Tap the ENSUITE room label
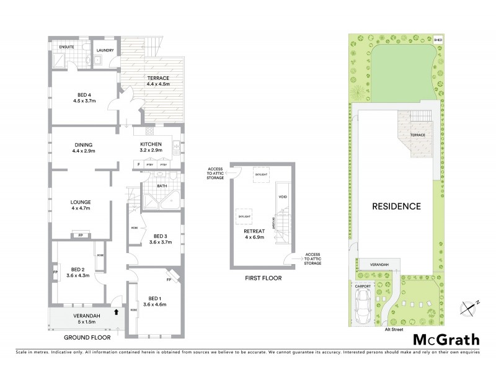pos(67,47)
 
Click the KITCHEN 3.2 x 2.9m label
pos(151,147)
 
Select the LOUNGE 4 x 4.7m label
pos(81,205)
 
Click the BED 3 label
pos(161,239)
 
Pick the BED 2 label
pos(77,272)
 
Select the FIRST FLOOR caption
pos(263,278)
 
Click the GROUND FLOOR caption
pos(87,338)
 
